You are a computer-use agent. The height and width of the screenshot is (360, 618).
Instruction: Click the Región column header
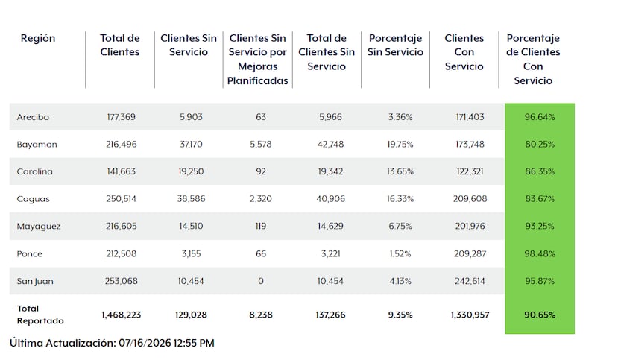pos(38,38)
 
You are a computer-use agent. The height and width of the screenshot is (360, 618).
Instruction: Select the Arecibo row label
pos(33,117)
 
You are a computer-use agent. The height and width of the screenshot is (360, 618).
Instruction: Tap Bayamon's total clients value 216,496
pos(121,144)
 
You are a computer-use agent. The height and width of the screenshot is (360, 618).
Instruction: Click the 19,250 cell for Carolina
pos(191,171)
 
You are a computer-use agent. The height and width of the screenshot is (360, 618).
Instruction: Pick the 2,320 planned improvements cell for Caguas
pos(260,199)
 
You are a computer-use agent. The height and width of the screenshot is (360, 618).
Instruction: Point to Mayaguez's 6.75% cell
pos(400,226)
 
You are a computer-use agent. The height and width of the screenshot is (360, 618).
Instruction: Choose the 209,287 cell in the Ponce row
pos(470,253)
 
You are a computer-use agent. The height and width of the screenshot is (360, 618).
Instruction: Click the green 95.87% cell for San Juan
pos(540,281)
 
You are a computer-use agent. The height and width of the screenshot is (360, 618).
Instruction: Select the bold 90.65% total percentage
pos(540,315)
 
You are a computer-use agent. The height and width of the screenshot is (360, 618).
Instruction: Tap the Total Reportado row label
pos(40,315)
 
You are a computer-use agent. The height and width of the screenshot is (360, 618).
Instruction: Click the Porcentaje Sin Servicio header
pos(395,45)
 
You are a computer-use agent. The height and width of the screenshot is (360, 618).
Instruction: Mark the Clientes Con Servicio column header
pos(464,52)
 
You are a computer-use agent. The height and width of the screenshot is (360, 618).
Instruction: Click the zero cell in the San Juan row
pos(260,281)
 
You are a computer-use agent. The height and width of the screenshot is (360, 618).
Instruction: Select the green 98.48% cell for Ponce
pos(540,253)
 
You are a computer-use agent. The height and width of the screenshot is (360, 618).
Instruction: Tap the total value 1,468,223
pos(121,315)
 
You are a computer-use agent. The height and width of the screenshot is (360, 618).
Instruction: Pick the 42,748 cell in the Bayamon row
pos(330,144)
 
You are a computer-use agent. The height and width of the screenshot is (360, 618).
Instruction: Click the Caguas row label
pos(33,199)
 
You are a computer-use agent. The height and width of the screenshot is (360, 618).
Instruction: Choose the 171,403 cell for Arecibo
pos(470,117)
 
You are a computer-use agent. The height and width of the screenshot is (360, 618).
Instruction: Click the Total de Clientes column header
pos(120,45)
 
